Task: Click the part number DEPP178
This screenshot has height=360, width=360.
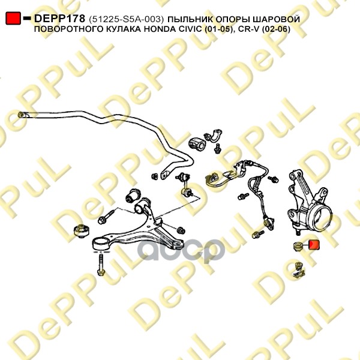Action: click(59, 19)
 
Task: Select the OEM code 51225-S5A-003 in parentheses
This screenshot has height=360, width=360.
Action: click(125, 20)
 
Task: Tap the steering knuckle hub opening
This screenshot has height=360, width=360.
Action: click(320, 211)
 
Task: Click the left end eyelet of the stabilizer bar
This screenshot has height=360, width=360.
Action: click(23, 114)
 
